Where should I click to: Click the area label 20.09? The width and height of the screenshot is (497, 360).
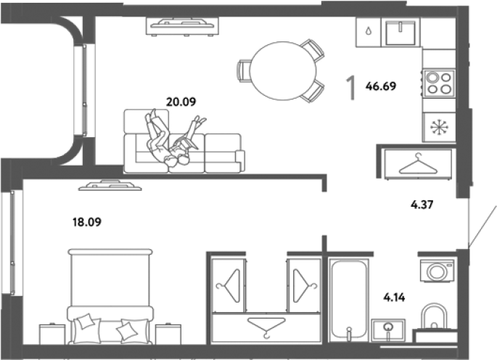[181, 102]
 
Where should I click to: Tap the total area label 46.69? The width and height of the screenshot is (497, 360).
[381, 86]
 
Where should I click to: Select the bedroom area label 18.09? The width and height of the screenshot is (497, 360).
[87, 222]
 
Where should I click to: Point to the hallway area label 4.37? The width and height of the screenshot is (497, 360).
[422, 205]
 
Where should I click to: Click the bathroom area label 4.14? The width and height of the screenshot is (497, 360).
[394, 298]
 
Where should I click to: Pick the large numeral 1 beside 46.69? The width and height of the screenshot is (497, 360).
[350, 88]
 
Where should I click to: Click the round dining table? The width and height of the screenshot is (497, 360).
[283, 70]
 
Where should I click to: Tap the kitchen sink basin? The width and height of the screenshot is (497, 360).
[401, 33]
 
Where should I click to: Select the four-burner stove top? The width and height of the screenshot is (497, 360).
[439, 83]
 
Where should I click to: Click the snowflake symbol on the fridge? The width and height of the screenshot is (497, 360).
[439, 127]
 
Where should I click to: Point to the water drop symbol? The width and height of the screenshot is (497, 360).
[368, 31]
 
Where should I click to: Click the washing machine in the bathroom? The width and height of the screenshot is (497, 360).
[437, 271]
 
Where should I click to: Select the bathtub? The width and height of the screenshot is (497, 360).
[349, 300]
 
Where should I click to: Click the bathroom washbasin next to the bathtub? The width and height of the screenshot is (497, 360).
[388, 330]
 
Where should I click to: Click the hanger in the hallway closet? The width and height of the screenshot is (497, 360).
[418, 164]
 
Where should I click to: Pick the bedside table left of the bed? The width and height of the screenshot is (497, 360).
[52, 334]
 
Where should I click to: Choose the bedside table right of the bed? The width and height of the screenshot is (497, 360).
[168, 334]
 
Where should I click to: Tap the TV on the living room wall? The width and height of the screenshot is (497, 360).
[182, 26]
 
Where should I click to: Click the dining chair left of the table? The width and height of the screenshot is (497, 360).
[243, 71]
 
